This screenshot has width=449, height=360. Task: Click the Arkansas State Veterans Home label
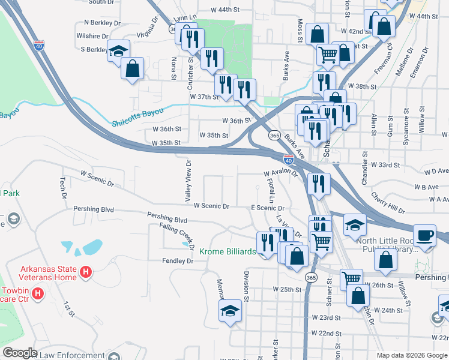[49, 273]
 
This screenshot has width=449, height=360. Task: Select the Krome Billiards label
[227, 251]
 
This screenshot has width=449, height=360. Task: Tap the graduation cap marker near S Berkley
[119, 50]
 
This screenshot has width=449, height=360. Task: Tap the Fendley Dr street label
[176, 261]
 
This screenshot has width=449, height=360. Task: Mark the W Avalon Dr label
[281, 172]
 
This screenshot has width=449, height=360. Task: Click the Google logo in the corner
[20, 353]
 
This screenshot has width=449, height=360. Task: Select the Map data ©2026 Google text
[412, 355]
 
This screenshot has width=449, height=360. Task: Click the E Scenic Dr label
[267, 208]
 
